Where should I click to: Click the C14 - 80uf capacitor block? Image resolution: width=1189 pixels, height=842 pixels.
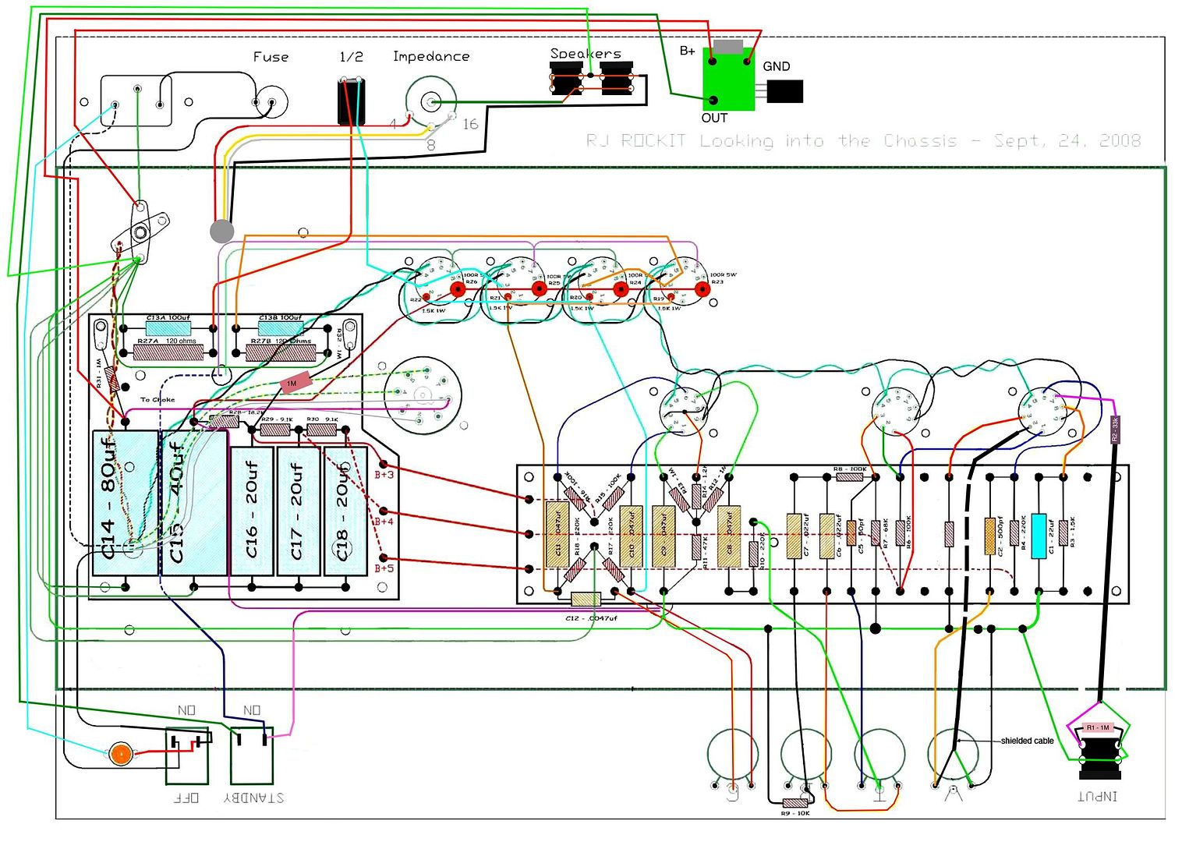point(125,503)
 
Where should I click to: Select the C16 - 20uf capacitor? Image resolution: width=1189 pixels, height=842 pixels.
point(252,511)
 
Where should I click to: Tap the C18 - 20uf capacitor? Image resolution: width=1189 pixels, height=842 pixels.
point(345,511)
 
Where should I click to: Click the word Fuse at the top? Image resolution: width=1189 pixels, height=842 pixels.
point(271,57)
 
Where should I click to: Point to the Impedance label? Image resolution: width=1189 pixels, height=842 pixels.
point(431,56)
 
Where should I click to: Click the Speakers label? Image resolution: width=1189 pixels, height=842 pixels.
point(586,53)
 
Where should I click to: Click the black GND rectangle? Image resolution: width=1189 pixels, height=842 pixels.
point(784,92)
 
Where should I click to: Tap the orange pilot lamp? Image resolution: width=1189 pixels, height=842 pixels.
point(120,754)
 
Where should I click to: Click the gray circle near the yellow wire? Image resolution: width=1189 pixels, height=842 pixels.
point(222,231)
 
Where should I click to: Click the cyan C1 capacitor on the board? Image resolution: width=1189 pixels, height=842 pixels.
point(1039,536)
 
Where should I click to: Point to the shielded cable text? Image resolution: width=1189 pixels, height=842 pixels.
point(1027,741)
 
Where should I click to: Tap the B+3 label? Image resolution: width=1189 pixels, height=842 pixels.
point(384,474)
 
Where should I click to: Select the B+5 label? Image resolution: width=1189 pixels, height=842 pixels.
point(384,568)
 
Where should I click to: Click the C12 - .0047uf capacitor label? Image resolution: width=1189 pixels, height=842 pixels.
point(591,618)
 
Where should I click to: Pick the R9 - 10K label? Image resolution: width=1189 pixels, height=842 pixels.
point(795,813)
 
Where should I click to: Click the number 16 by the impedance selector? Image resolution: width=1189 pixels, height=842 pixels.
point(470,124)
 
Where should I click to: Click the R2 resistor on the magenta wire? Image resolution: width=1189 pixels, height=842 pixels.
point(1115,430)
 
